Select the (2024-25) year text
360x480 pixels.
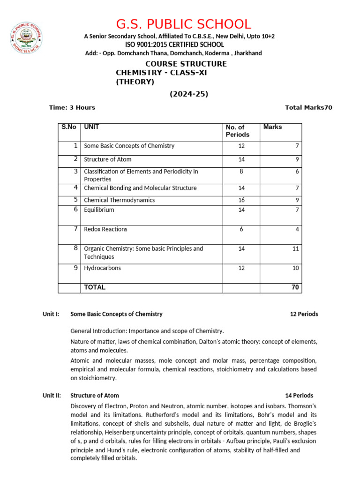[x=188, y=94]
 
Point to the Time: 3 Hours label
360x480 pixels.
[x=72, y=107]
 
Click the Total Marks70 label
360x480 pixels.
[x=308, y=107]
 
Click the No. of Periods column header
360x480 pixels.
[x=238, y=131]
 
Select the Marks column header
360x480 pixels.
[x=273, y=127]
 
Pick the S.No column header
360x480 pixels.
[x=69, y=127]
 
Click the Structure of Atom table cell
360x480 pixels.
[x=107, y=159]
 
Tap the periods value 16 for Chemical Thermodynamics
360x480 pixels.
[x=241, y=200]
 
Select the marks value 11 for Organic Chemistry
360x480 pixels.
[x=295, y=249]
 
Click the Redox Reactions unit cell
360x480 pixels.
[x=105, y=229]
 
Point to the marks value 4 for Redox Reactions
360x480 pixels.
[x=297, y=229]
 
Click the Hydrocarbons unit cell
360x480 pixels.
[x=102, y=268]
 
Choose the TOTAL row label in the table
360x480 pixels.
[x=95, y=287]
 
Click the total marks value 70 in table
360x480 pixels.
[x=295, y=287]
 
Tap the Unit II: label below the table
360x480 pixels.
[x=52, y=396]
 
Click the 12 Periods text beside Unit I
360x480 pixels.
[x=304, y=314]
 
